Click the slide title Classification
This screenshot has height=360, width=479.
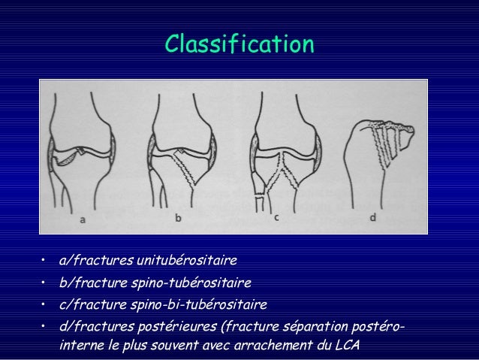[x=239, y=44]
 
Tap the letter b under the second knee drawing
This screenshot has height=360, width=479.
[x=179, y=219]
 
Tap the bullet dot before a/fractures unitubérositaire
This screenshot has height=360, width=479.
[x=45, y=262]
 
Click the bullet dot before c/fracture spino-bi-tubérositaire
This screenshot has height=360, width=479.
[x=45, y=305]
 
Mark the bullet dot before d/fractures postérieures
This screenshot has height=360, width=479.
[x=45, y=327]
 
